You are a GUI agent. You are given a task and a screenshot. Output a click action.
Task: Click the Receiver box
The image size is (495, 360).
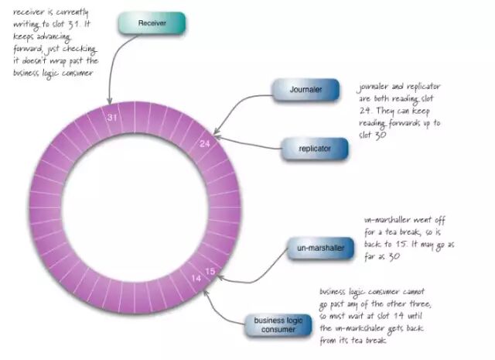(x=152, y=23)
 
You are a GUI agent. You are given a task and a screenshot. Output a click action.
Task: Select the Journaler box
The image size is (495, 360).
(x=305, y=90)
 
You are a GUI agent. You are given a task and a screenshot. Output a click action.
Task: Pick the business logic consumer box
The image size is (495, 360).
(x=275, y=324)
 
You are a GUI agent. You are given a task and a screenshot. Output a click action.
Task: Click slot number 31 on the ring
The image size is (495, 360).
(x=113, y=118)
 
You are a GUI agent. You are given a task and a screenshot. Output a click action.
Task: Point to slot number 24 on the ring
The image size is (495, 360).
(x=204, y=144)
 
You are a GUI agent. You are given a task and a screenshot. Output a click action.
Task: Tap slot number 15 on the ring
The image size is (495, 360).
(x=210, y=272)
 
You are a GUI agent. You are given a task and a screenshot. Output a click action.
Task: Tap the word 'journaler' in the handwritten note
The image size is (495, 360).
(x=373, y=87)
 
